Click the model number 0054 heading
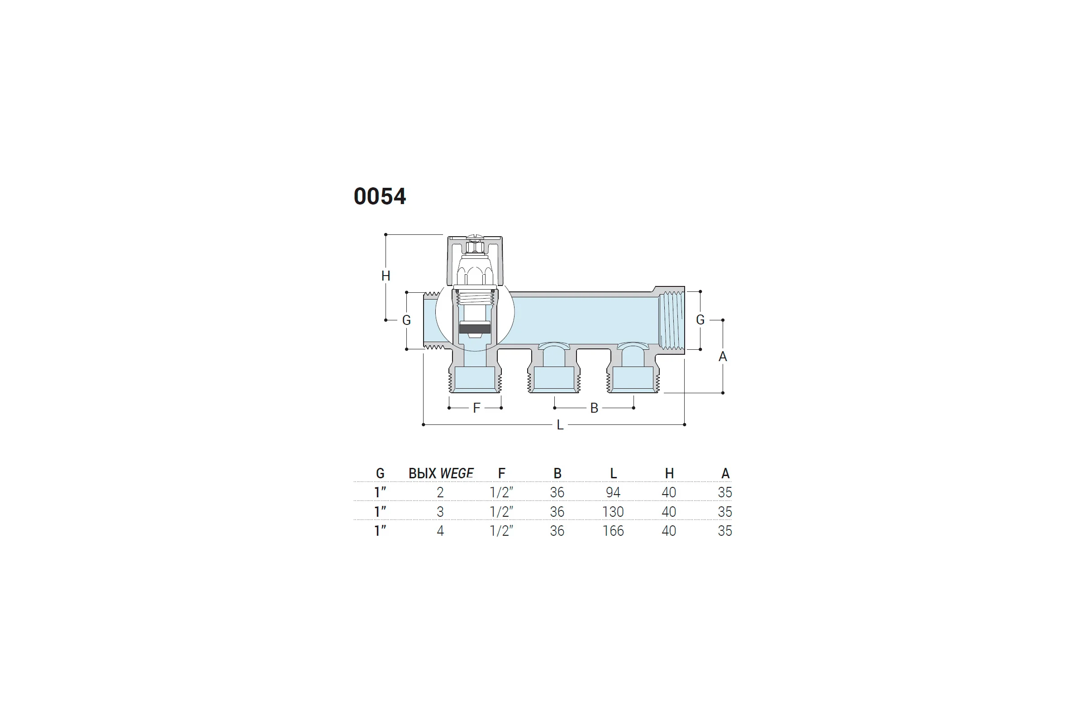point(380,196)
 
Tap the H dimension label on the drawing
point(386,276)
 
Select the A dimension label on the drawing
point(723,357)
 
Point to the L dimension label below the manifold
point(560,425)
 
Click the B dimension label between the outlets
point(594,408)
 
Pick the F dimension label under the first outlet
point(476,408)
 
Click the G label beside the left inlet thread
point(406,320)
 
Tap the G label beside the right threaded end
point(700,319)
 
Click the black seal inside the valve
point(475,329)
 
